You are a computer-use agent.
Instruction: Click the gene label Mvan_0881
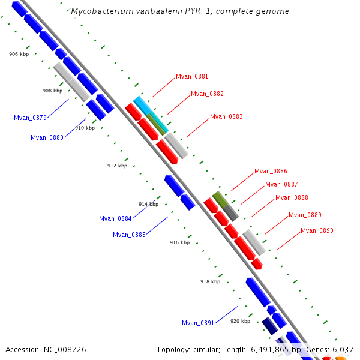[192, 77]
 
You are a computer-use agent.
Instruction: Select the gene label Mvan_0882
[207, 94]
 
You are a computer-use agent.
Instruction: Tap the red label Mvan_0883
[226, 117]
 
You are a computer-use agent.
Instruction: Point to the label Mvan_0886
[271, 172]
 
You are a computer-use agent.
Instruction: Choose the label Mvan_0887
[281, 185]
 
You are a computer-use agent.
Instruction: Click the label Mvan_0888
[292, 198]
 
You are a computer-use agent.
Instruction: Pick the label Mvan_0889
[305, 215]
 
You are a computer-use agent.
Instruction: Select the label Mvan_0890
[317, 231]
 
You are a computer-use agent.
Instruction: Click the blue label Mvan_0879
[30, 118]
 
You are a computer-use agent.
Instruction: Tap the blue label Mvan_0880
[47, 138]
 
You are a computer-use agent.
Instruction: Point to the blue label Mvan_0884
[115, 219]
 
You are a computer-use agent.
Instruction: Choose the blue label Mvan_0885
[129, 235]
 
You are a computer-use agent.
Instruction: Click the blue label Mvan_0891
[198, 323]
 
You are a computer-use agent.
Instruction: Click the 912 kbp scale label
[118, 166]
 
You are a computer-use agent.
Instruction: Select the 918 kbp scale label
[210, 281]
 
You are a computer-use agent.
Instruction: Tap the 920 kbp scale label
[240, 322]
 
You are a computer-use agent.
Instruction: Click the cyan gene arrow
[143, 106]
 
